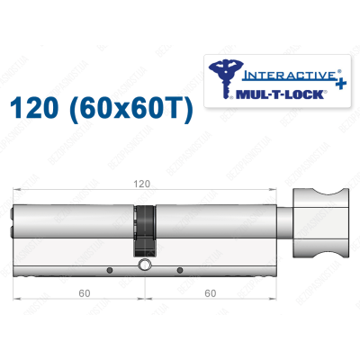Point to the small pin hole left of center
pos(108,270)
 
